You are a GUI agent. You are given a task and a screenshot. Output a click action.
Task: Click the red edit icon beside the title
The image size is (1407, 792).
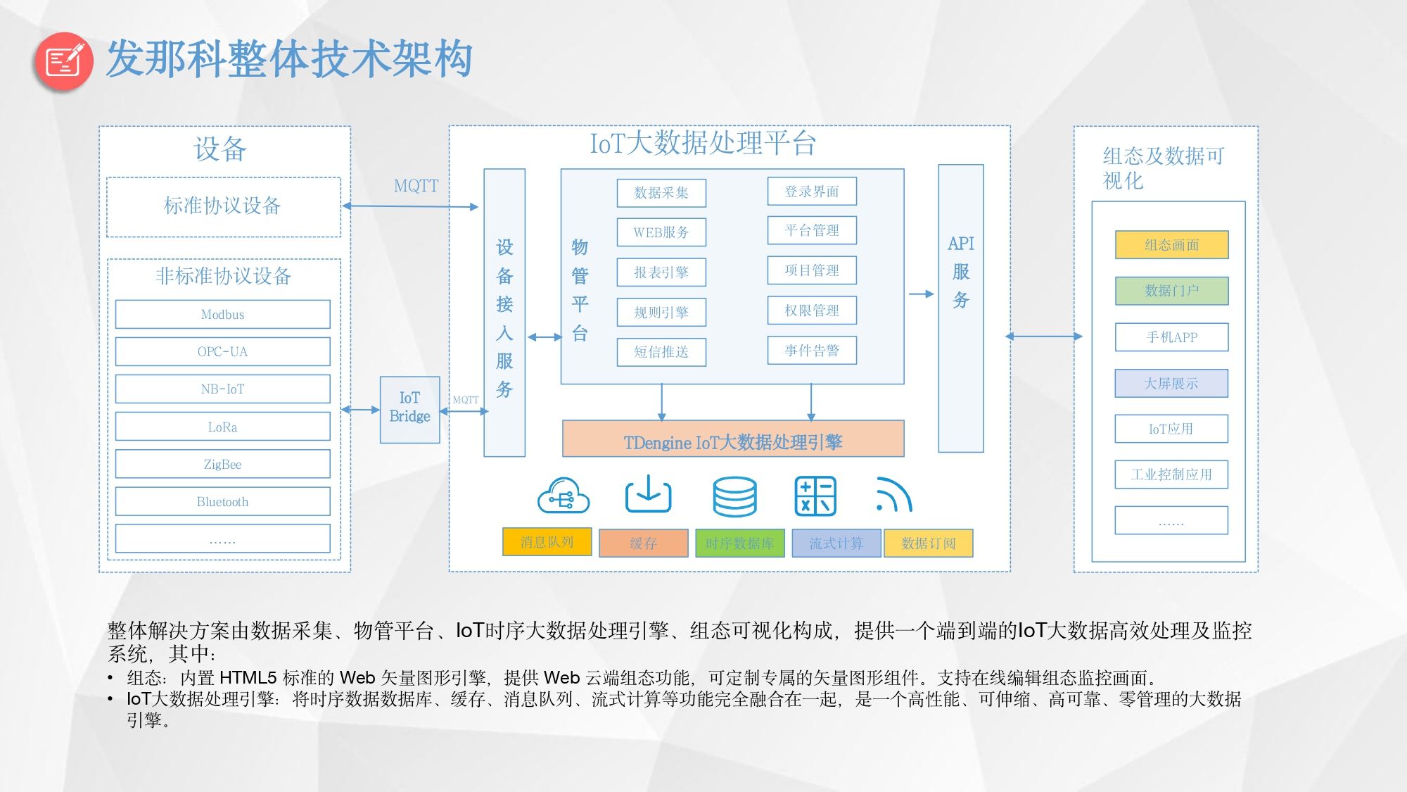click(63, 61)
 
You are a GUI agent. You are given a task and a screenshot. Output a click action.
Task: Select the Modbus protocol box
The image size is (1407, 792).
click(222, 314)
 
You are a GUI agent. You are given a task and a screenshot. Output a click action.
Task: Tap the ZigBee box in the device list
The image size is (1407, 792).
click(222, 464)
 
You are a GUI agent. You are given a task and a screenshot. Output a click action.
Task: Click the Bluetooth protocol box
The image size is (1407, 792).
click(222, 501)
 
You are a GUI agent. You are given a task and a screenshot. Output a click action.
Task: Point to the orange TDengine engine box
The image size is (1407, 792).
click(732, 441)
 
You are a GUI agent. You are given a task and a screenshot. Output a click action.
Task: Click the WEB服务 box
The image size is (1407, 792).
click(661, 232)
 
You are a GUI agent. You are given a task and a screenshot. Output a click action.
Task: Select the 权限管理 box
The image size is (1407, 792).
click(812, 310)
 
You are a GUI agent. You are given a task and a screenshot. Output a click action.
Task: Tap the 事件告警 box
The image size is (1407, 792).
click(812, 350)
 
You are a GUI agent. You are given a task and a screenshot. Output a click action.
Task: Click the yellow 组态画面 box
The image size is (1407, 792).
click(1171, 244)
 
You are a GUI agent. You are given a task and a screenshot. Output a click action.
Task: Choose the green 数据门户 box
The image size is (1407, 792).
click(1171, 290)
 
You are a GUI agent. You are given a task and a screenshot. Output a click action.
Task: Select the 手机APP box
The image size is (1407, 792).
click(1171, 337)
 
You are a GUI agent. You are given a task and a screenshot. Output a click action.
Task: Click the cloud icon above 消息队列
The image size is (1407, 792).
click(563, 496)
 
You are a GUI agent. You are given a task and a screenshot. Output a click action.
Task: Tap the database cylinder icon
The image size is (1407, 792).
click(734, 496)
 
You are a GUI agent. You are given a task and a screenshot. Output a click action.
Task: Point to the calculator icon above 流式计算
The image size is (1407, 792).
click(815, 496)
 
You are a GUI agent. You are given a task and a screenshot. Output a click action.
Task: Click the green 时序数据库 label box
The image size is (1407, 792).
click(739, 543)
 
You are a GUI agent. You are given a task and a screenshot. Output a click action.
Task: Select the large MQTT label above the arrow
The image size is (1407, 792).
click(416, 186)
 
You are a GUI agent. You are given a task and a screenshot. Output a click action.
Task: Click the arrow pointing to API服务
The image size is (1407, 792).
click(921, 294)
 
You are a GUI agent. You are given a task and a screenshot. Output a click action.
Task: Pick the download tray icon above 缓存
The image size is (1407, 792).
click(648, 494)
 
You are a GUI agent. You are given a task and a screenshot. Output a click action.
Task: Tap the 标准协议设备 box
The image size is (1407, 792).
click(223, 206)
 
